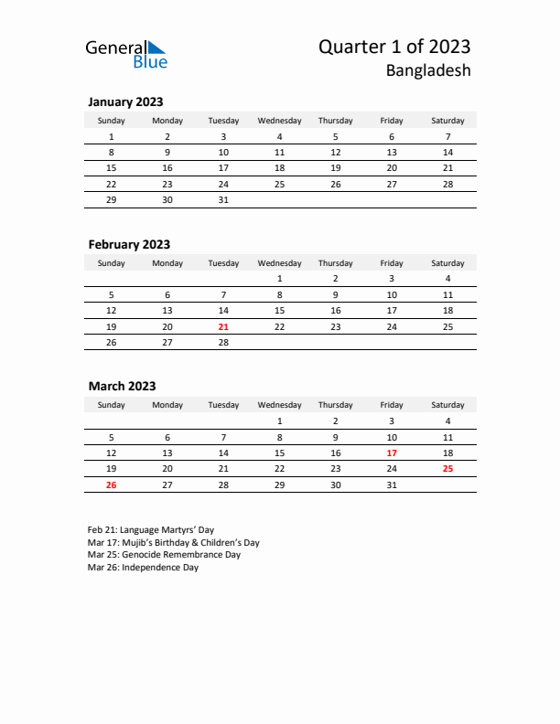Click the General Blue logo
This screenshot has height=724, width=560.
point(126,54)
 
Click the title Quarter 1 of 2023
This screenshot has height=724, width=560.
point(394,48)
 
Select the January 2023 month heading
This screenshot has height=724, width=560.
point(125,102)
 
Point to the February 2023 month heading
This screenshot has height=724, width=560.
point(129,245)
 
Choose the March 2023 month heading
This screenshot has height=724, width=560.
point(122,387)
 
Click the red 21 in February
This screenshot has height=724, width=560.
point(223,326)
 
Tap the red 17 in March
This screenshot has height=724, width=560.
point(392,452)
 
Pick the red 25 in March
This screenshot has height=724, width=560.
point(447,468)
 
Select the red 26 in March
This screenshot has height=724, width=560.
point(112,484)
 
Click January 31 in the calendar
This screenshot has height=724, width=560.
point(223,200)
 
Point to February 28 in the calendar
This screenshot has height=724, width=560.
point(223,343)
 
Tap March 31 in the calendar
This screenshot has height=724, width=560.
point(392,484)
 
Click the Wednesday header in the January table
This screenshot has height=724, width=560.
point(279,121)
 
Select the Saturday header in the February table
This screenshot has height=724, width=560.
point(447,263)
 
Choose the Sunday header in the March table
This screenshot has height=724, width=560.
point(112,405)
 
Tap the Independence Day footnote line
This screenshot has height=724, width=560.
point(143,568)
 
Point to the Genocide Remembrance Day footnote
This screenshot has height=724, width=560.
point(164,555)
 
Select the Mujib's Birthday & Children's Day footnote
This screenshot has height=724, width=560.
point(174,542)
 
